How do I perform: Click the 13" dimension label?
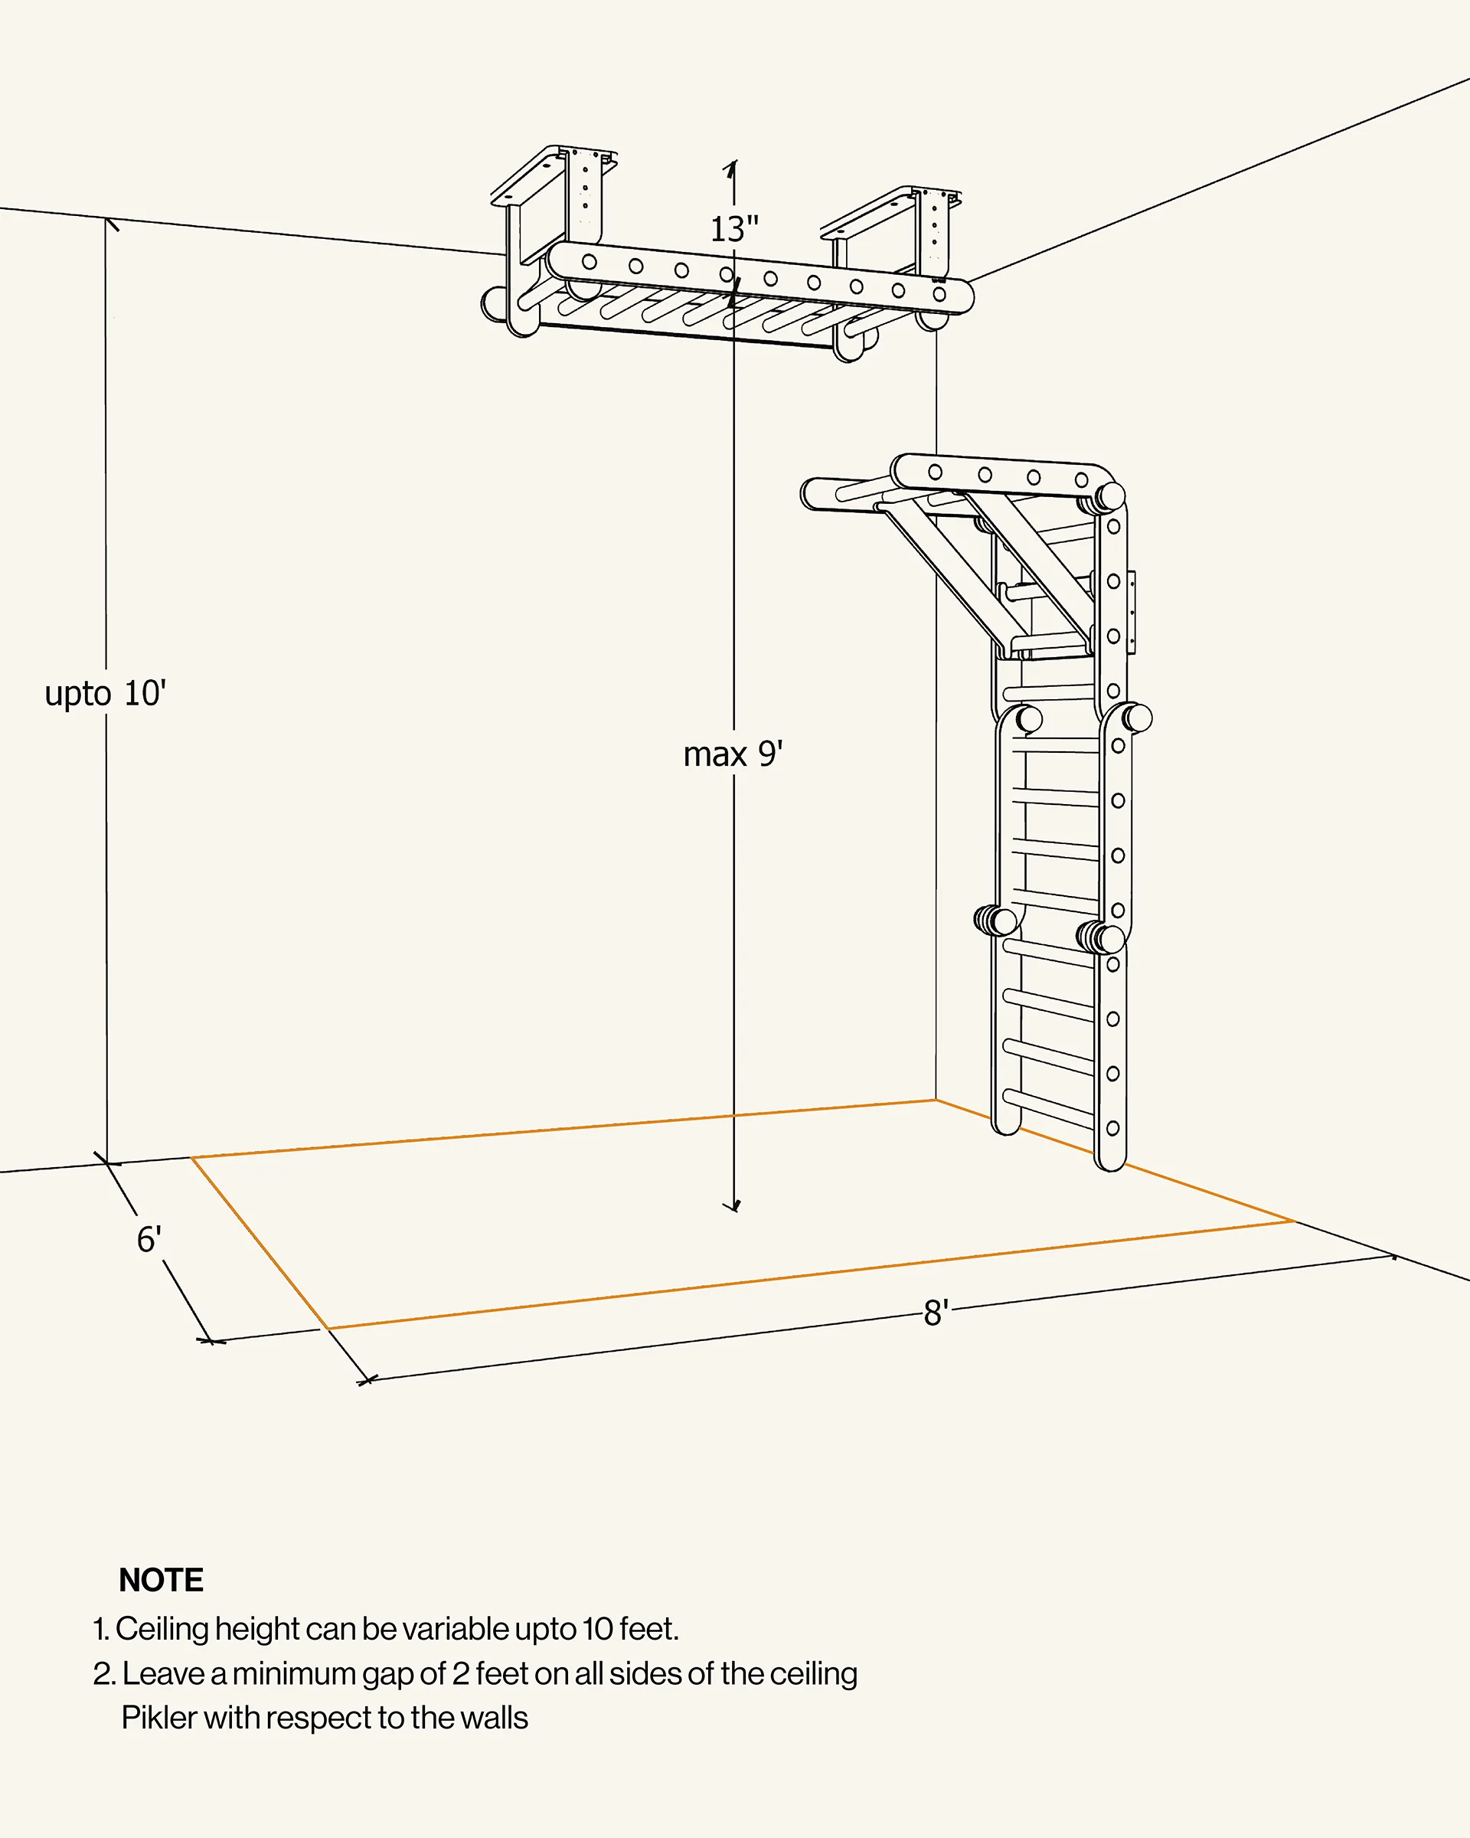[x=733, y=229]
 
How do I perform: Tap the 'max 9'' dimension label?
[x=733, y=754]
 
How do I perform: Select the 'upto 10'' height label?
[x=106, y=694]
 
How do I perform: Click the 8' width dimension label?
[x=936, y=1313]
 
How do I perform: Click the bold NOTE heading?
[x=161, y=1580]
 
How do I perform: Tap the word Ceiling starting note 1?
[x=162, y=1629]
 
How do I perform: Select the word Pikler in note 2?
[x=158, y=1718]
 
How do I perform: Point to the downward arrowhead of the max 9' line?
[x=733, y=1206]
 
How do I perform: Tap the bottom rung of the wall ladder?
[x=1049, y=1107]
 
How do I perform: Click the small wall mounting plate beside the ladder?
[x=1132, y=612]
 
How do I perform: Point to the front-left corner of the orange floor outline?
[x=329, y=1328]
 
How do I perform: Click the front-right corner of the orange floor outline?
[x=1294, y=1222]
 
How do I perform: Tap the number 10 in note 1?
[x=598, y=1629]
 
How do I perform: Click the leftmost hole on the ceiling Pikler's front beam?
[x=590, y=262]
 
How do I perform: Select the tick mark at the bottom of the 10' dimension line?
[x=107, y=1161]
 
